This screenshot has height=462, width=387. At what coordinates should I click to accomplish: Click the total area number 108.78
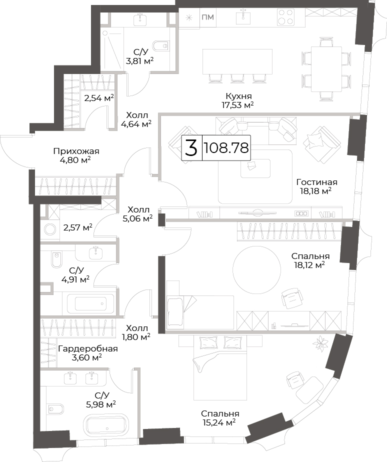click(x=226, y=148)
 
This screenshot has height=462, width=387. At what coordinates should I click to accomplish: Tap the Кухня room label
click(x=238, y=96)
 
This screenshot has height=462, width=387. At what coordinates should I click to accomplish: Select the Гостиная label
click(x=317, y=182)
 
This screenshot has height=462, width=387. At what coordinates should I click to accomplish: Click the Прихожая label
click(x=76, y=151)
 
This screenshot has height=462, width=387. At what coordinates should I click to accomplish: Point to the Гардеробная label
click(x=88, y=349)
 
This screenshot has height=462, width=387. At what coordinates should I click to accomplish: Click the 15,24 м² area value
click(x=219, y=422)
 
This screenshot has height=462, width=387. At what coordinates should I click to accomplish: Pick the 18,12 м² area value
click(x=309, y=265)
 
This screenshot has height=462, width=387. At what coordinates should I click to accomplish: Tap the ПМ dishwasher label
click(x=208, y=17)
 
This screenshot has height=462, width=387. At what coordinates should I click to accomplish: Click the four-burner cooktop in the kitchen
click(x=285, y=17)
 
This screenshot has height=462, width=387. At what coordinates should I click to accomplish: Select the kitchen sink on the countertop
click(x=243, y=17)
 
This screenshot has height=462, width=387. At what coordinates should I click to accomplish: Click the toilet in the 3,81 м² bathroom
click(x=160, y=46)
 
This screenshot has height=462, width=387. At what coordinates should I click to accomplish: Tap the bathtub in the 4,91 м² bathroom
click(x=90, y=304)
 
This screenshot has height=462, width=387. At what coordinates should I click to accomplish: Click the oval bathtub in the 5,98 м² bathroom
click(x=106, y=423)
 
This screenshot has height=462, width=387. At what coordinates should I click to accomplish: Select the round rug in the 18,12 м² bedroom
click(x=256, y=269)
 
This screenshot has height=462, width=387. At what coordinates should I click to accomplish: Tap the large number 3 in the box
click(x=191, y=148)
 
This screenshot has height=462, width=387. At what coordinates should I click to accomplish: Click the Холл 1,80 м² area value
click(x=136, y=336)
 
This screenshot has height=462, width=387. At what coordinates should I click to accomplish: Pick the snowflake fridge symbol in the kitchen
click(x=188, y=17)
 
